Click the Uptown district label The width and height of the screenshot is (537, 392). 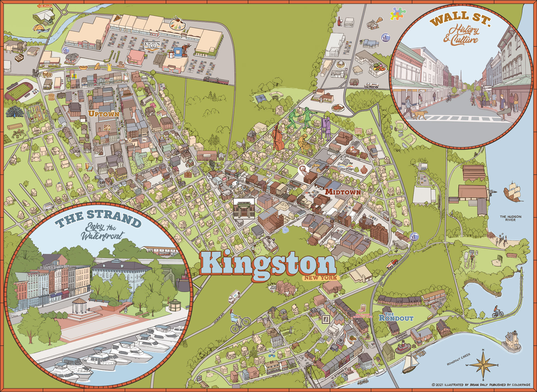[x=104, y=114]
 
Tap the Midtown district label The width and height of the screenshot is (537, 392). [x=343, y=192]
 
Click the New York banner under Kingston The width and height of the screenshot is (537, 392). [x=321, y=278]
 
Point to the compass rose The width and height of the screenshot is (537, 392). [x=484, y=365]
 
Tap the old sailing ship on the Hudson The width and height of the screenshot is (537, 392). [x=513, y=192]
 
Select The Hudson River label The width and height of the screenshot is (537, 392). [x=510, y=218]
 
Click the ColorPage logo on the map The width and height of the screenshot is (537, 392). [x=346, y=169]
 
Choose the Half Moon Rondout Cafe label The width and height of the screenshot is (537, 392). [x=361, y=315]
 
